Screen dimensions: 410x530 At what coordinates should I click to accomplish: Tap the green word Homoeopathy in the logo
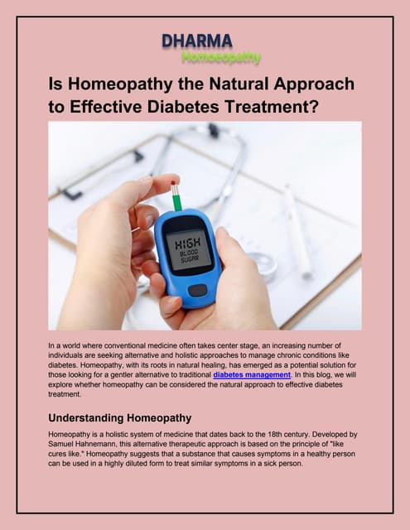point(220,57)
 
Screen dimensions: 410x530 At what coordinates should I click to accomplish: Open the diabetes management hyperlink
point(252,375)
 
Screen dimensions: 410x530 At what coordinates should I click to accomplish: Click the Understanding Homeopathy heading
point(120,417)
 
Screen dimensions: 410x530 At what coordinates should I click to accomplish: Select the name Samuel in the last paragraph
point(66,445)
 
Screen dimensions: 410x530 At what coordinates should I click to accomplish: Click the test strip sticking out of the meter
point(176,198)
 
